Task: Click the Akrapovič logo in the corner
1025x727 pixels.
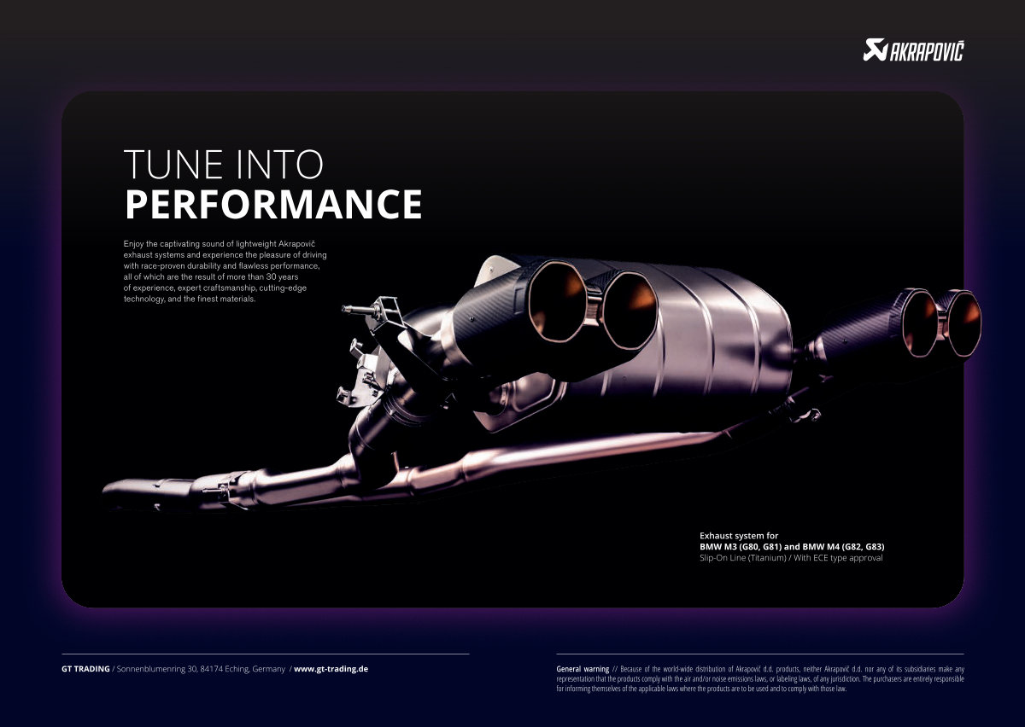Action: [913, 50]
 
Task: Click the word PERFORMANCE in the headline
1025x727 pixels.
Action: [273, 204]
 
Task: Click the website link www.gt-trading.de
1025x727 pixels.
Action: [331, 669]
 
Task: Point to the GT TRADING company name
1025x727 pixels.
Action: [85, 669]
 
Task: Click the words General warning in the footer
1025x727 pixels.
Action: [583, 669]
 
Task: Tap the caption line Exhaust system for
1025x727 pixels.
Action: [739, 535]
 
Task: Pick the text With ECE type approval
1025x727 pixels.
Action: [838, 558]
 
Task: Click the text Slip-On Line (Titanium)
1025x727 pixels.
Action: [742, 558]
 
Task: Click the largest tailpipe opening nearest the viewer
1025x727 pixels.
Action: [557, 302]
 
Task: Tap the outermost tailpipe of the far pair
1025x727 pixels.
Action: [964, 323]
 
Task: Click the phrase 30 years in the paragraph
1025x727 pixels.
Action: [282, 277]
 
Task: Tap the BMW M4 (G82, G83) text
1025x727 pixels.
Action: [843, 546]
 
